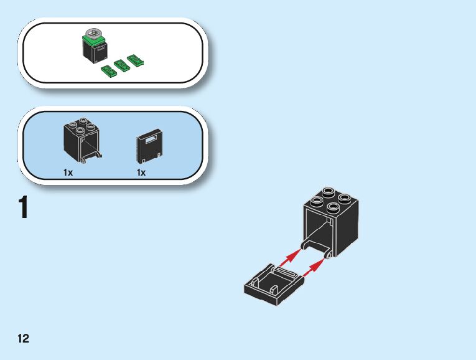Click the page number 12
[x=23, y=339]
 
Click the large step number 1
[x=24, y=208]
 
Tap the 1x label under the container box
[x=68, y=173]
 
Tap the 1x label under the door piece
[x=141, y=173]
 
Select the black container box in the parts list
[x=81, y=140]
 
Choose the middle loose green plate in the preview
[x=121, y=65]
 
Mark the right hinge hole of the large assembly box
[x=327, y=254]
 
